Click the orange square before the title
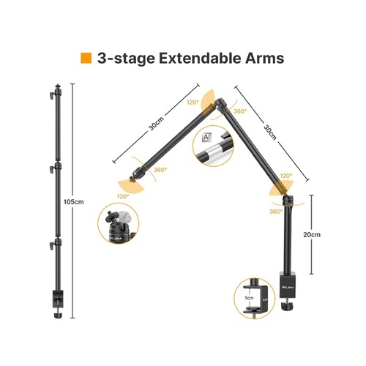click(x=86, y=58)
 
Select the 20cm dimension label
click(x=311, y=234)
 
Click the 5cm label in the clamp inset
click(x=250, y=299)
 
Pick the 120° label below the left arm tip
click(x=122, y=195)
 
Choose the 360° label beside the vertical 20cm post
click(x=275, y=212)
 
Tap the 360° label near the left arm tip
click(x=160, y=170)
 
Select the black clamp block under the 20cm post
click(x=288, y=282)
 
